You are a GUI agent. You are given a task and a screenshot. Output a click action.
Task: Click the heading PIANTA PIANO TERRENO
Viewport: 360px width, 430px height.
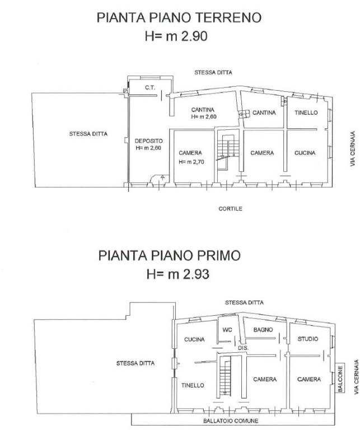(179, 18)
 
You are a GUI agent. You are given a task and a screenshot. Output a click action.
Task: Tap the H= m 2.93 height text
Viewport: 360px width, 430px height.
(179, 274)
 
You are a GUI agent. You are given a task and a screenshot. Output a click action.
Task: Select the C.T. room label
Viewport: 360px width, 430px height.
(149, 87)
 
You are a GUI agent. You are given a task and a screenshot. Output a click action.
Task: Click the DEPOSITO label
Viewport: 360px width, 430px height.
(148, 141)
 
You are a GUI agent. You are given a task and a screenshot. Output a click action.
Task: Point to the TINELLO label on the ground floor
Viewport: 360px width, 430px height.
(306, 113)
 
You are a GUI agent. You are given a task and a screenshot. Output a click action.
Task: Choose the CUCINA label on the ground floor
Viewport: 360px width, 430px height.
(305, 153)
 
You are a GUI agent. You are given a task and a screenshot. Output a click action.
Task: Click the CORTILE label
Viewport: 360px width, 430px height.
(230, 208)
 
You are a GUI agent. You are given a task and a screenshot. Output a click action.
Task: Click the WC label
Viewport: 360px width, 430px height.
(227, 329)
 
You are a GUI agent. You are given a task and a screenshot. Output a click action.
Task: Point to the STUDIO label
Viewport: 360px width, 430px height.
(308, 339)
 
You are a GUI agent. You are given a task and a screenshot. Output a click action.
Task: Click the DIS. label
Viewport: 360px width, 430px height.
(243, 348)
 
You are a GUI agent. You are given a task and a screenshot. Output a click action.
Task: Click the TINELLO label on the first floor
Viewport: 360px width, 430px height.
(193, 385)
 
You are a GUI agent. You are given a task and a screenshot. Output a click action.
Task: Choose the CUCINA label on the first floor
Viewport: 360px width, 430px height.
(194, 339)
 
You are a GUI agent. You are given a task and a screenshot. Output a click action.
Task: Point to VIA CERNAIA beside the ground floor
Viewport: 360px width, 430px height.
(353, 148)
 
